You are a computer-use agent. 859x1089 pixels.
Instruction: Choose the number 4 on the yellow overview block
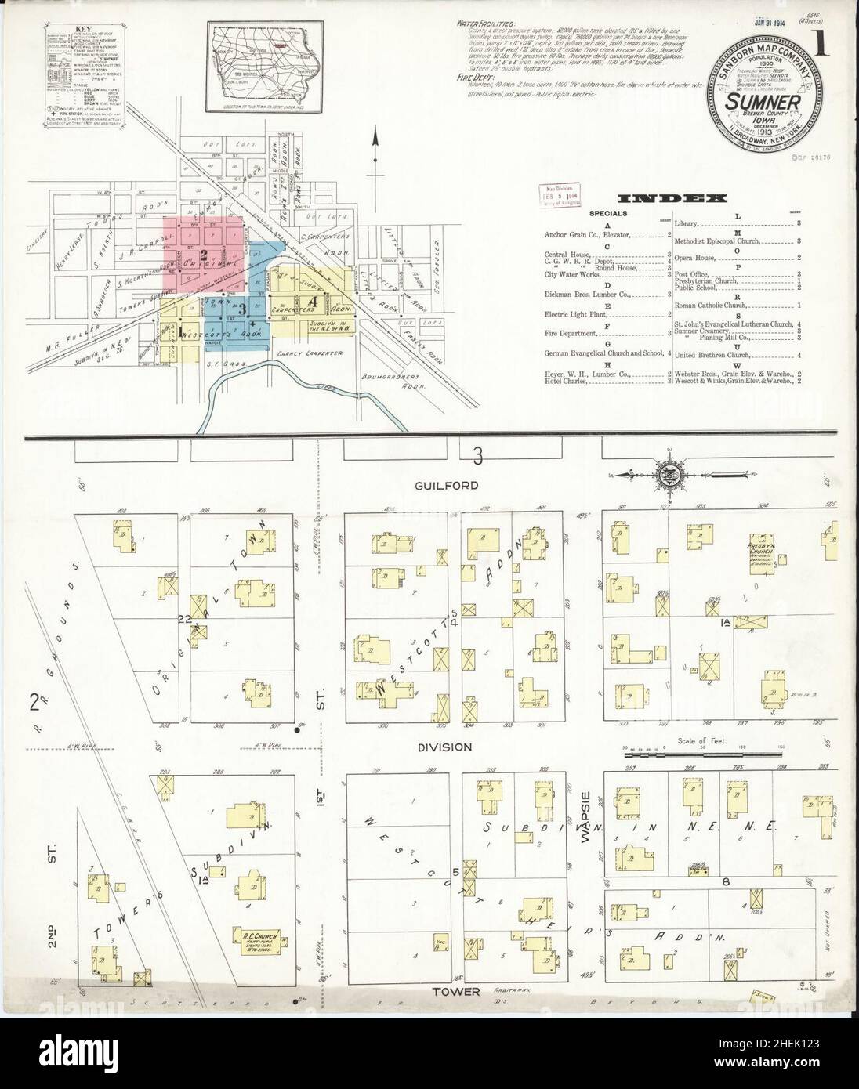(x=313, y=300)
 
